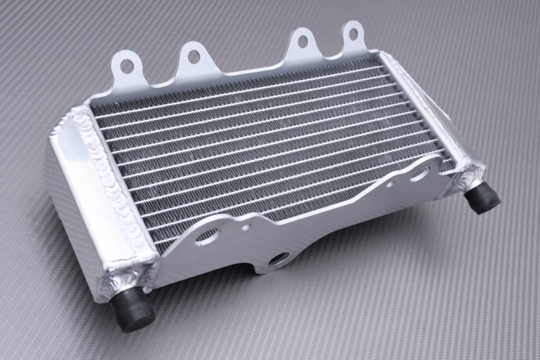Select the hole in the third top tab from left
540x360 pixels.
[299, 39]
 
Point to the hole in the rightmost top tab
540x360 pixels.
[351, 33]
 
